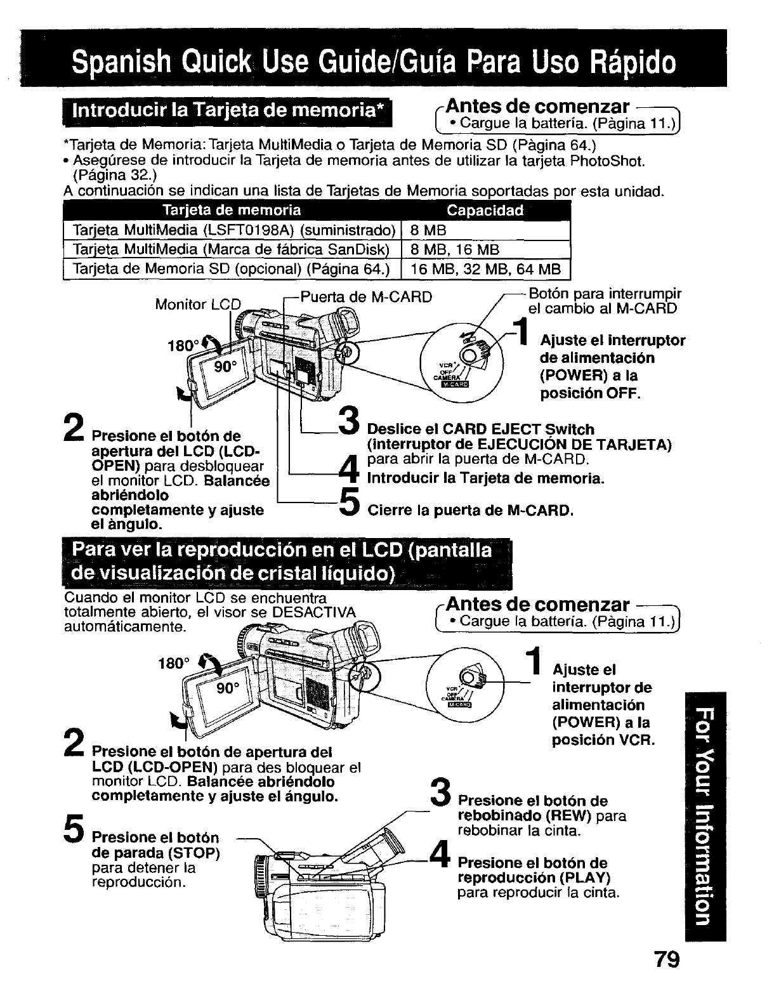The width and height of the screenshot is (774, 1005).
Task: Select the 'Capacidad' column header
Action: point(485,211)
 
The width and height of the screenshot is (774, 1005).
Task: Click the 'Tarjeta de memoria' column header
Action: point(232,211)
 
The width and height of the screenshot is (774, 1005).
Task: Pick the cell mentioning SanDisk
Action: point(232,249)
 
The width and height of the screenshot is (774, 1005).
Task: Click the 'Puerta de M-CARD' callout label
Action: point(365,297)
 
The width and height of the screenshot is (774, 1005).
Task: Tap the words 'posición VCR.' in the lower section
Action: point(603,740)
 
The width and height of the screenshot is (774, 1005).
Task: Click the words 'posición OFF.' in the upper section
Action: point(589,394)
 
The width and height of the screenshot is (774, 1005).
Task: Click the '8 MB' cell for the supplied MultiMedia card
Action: point(425,230)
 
